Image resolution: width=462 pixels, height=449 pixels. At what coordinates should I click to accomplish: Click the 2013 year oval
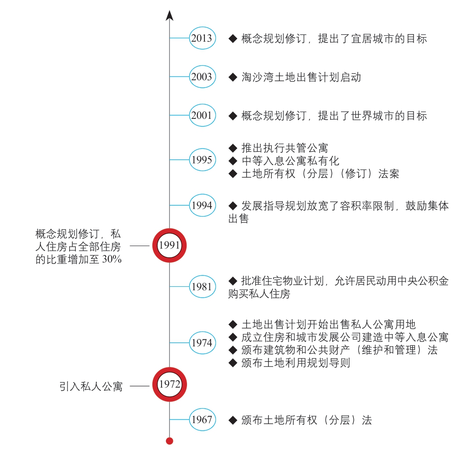(202, 38)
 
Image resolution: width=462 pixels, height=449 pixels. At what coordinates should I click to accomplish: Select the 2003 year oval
(202, 77)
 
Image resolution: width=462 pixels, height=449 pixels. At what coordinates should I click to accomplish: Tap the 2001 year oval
(202, 115)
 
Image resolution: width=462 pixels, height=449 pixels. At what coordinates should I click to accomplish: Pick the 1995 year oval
(202, 160)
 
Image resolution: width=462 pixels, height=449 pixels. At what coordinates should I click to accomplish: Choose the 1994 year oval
(202, 205)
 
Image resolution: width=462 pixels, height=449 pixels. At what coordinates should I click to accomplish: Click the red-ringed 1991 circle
(169, 245)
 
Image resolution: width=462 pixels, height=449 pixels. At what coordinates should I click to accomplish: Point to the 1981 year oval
(202, 287)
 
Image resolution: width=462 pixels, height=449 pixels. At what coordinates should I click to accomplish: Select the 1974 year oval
(202, 343)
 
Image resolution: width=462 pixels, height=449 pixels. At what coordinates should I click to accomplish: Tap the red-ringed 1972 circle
(169, 384)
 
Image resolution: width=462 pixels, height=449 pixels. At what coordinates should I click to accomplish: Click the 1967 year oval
(202, 420)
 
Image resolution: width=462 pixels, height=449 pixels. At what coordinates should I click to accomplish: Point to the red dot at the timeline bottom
(169, 441)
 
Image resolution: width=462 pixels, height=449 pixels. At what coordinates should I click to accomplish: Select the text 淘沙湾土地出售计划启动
(301, 77)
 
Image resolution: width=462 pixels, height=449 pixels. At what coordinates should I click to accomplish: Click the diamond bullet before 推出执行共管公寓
(233, 148)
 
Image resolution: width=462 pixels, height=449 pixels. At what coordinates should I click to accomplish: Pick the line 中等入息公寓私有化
(290, 161)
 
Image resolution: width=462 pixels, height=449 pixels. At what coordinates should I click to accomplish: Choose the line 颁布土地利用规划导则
(296, 363)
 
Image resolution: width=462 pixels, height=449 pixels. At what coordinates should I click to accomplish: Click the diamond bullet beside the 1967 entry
(233, 420)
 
